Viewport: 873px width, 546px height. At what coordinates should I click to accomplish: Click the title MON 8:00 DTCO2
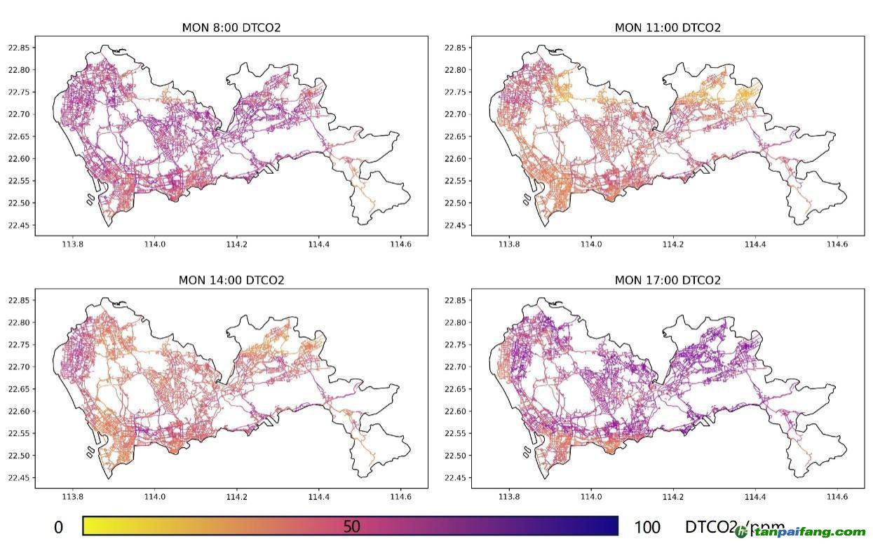(x=231, y=28)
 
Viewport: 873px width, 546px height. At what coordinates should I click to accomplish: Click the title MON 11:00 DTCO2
(x=668, y=28)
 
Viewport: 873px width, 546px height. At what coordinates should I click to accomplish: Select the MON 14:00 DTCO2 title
(x=231, y=280)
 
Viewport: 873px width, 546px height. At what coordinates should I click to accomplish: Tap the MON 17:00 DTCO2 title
(x=668, y=280)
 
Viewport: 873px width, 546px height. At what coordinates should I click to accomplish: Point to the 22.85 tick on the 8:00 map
(x=19, y=48)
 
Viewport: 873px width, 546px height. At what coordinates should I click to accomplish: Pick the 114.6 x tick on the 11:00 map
(x=837, y=245)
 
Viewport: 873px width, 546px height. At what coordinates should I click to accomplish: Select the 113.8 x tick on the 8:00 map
(x=72, y=245)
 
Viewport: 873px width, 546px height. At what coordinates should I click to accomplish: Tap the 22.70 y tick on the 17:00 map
(x=456, y=367)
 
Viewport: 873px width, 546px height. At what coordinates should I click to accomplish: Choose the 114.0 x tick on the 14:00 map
(x=154, y=497)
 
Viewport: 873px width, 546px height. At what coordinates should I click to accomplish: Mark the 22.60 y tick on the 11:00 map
(x=456, y=158)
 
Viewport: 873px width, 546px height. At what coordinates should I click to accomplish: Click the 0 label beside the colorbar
(x=58, y=528)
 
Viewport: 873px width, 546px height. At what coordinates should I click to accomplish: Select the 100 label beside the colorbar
(x=647, y=528)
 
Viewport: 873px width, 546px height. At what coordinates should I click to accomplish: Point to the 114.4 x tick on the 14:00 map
(x=318, y=497)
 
